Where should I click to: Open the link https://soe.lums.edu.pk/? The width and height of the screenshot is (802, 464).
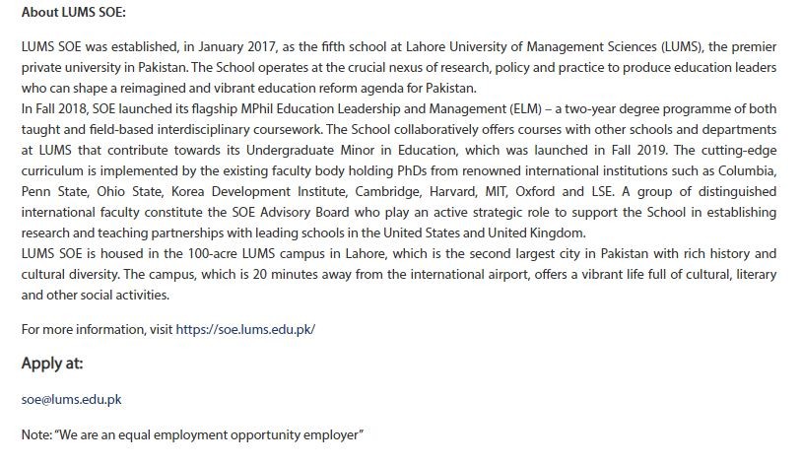click(245, 329)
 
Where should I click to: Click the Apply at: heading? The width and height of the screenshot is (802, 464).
click(52, 364)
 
